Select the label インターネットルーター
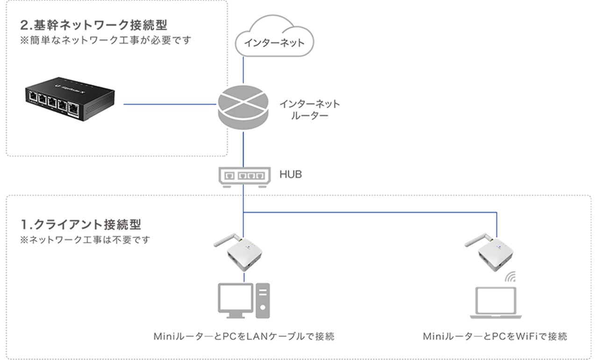coord(309,109)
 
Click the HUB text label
coord(291,175)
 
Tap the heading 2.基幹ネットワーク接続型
coord(93,25)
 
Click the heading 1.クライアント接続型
coord(80,224)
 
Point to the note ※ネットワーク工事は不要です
coord(85,240)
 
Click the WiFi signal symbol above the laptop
coord(510,276)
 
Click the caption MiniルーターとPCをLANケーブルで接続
coord(244,336)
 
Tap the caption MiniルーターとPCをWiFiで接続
coord(495,336)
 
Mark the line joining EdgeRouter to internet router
coord(171,105)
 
